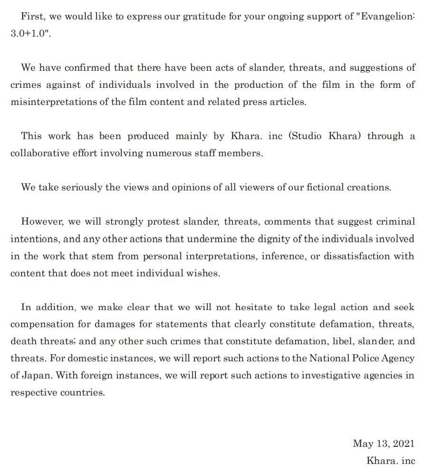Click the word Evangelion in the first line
[387, 16]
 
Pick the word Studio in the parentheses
[308, 136]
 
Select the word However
[42, 222]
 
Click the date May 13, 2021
[384, 444]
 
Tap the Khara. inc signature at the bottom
[391, 461]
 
